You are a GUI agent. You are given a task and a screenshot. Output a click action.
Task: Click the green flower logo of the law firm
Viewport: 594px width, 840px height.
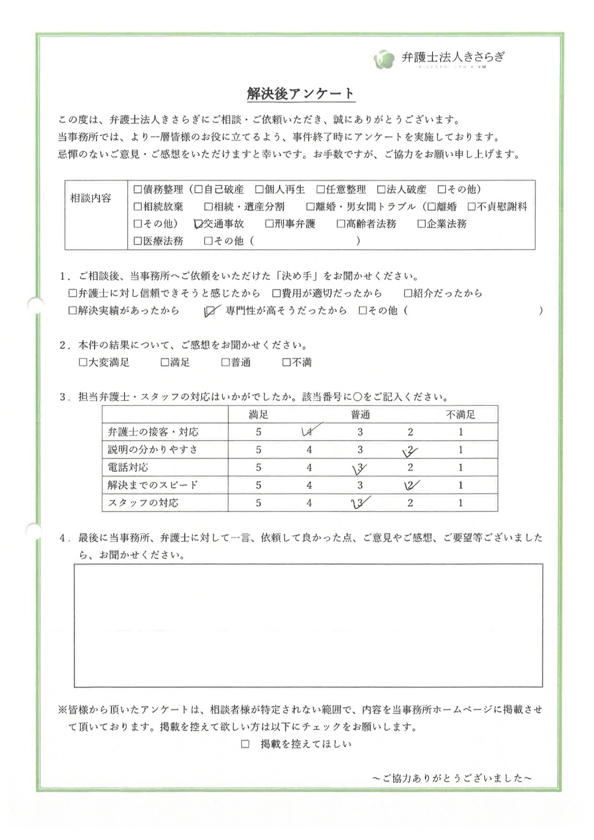click(383, 59)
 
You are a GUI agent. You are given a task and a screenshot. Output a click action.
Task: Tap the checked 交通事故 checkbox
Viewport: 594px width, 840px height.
click(198, 224)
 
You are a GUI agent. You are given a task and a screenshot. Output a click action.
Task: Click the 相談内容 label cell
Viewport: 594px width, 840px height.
click(91, 198)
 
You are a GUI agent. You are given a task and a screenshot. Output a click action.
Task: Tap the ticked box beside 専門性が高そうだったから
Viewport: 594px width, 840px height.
click(209, 311)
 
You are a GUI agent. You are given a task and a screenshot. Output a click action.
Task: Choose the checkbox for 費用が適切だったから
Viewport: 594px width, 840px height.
click(276, 293)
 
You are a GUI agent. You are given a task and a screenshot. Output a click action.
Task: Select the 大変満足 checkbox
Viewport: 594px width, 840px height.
click(83, 363)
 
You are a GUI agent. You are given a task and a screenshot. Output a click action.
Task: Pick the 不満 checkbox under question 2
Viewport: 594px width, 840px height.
click(286, 363)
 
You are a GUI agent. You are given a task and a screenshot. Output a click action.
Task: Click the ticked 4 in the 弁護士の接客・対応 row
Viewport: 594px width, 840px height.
click(309, 432)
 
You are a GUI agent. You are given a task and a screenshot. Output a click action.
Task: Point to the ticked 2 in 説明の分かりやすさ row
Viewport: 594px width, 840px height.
click(410, 450)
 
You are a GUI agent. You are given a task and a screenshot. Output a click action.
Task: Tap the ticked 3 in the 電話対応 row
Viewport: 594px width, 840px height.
click(360, 468)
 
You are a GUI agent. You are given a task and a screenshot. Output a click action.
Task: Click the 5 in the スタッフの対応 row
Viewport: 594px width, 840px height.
click(259, 503)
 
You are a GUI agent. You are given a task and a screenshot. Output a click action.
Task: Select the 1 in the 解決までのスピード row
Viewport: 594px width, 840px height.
click(460, 485)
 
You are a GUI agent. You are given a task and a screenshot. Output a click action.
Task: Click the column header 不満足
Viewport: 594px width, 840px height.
click(460, 414)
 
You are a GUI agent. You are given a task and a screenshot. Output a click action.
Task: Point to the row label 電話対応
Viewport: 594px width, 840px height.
click(128, 468)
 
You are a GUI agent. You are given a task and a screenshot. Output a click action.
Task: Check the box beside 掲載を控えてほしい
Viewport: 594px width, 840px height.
click(245, 744)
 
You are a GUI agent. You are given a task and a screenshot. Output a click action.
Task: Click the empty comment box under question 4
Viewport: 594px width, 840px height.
click(308, 625)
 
